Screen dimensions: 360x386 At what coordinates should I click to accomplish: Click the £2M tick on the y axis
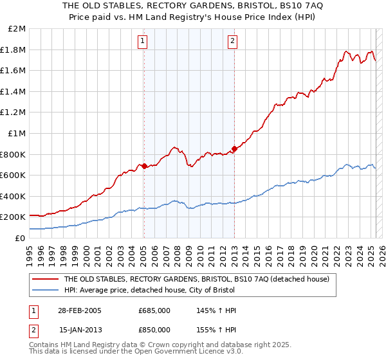click(x=17, y=29)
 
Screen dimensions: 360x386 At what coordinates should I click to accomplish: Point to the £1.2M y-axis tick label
click(x=14, y=113)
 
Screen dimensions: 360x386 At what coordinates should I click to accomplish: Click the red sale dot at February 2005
click(x=144, y=166)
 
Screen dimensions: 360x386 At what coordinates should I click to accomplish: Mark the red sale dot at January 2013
click(x=234, y=148)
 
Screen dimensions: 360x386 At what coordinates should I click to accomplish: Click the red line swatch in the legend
click(x=44, y=279)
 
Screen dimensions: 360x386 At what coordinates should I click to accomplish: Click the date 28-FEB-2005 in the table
click(x=80, y=310)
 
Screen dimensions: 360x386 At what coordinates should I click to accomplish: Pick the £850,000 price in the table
click(x=154, y=330)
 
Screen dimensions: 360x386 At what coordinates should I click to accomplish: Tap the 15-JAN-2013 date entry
click(x=80, y=330)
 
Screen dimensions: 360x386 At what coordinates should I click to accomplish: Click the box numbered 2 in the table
click(x=34, y=330)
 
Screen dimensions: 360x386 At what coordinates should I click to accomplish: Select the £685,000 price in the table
click(x=154, y=310)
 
